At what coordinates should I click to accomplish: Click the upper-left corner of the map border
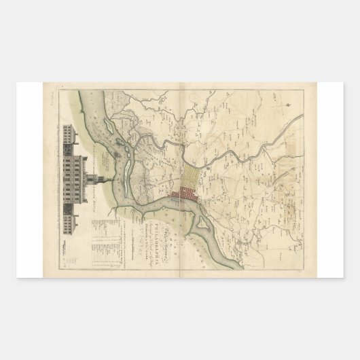(60, 91)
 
